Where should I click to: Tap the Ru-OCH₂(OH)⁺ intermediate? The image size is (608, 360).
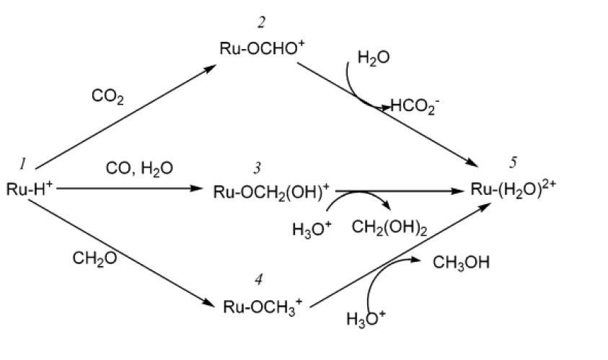(x=271, y=191)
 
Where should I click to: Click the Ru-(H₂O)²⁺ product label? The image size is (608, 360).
(x=514, y=190)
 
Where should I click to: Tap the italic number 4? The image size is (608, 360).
(x=257, y=280)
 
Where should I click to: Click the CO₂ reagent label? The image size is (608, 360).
(x=107, y=96)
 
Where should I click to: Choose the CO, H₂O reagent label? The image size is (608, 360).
(x=139, y=168)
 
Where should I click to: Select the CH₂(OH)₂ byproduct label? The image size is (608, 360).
(x=389, y=229)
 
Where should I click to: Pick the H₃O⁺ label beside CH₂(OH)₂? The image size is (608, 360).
(x=312, y=229)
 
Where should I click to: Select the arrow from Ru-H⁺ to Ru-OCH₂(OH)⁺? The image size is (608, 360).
(x=130, y=189)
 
